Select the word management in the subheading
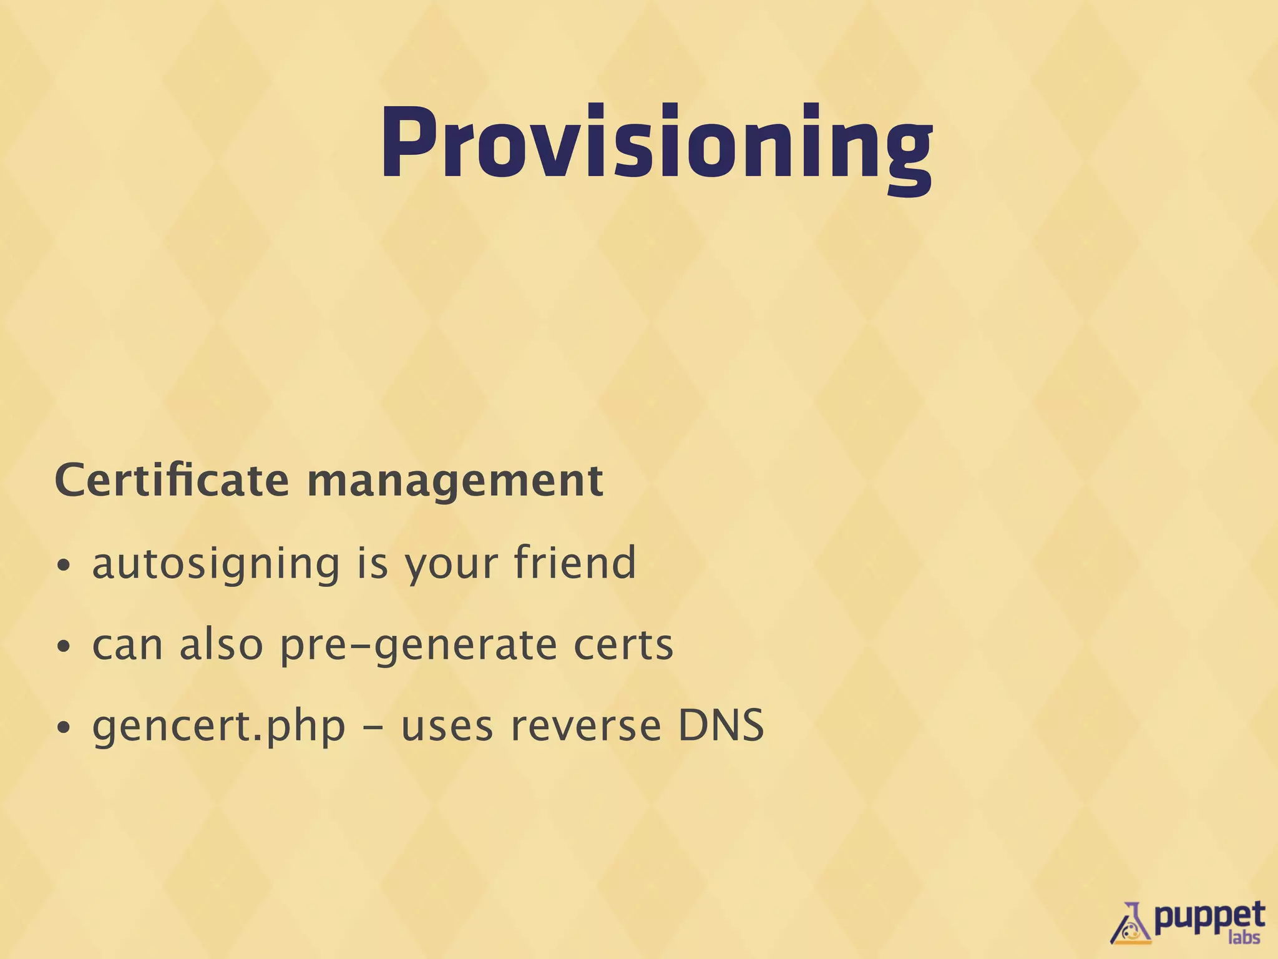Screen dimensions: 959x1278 point(455,482)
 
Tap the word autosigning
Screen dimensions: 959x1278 point(216,564)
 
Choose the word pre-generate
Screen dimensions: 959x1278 point(417,646)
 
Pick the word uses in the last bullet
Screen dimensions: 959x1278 point(447,727)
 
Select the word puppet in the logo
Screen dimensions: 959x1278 point(1209,918)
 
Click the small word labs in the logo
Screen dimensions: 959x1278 point(1244,938)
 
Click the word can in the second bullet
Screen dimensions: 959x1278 point(127,646)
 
